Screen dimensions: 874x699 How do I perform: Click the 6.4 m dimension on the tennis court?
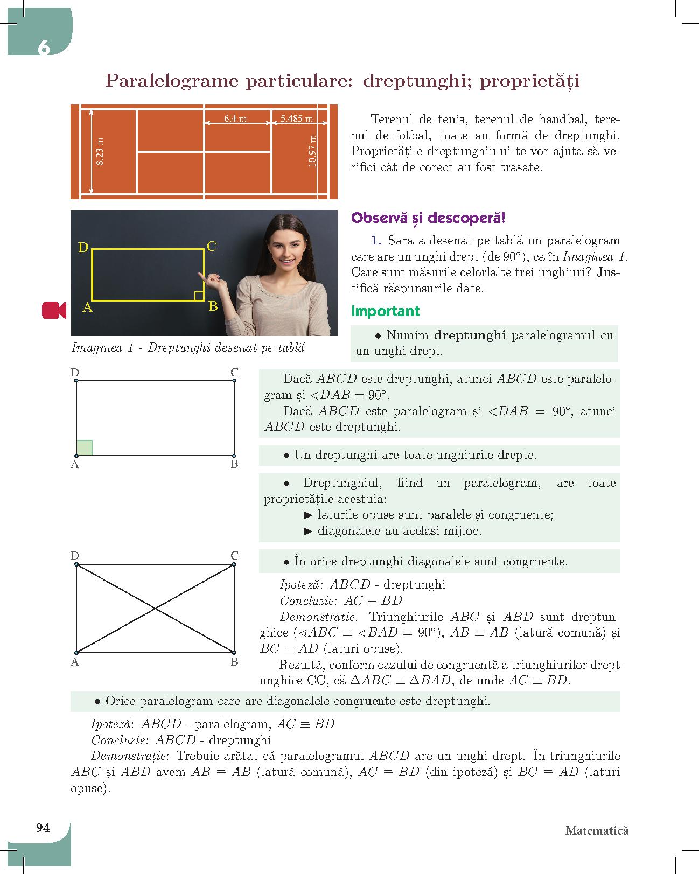235,118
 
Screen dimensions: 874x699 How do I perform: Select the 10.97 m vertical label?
313,151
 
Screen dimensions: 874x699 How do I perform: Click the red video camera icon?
54,310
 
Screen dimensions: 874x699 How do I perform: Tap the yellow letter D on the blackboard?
83,247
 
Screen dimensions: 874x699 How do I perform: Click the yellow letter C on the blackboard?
212,247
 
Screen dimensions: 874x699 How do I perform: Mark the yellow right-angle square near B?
199,296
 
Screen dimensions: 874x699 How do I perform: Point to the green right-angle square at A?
85,448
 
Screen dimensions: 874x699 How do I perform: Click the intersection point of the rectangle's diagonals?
156,609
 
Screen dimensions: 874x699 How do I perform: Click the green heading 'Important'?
385,311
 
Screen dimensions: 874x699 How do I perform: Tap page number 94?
43,828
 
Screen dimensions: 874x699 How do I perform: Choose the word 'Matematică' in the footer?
597,830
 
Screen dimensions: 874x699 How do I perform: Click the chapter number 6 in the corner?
44,48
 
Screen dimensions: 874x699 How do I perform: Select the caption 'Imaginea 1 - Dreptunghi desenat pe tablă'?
188,348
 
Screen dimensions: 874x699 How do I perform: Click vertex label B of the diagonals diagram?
235,662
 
